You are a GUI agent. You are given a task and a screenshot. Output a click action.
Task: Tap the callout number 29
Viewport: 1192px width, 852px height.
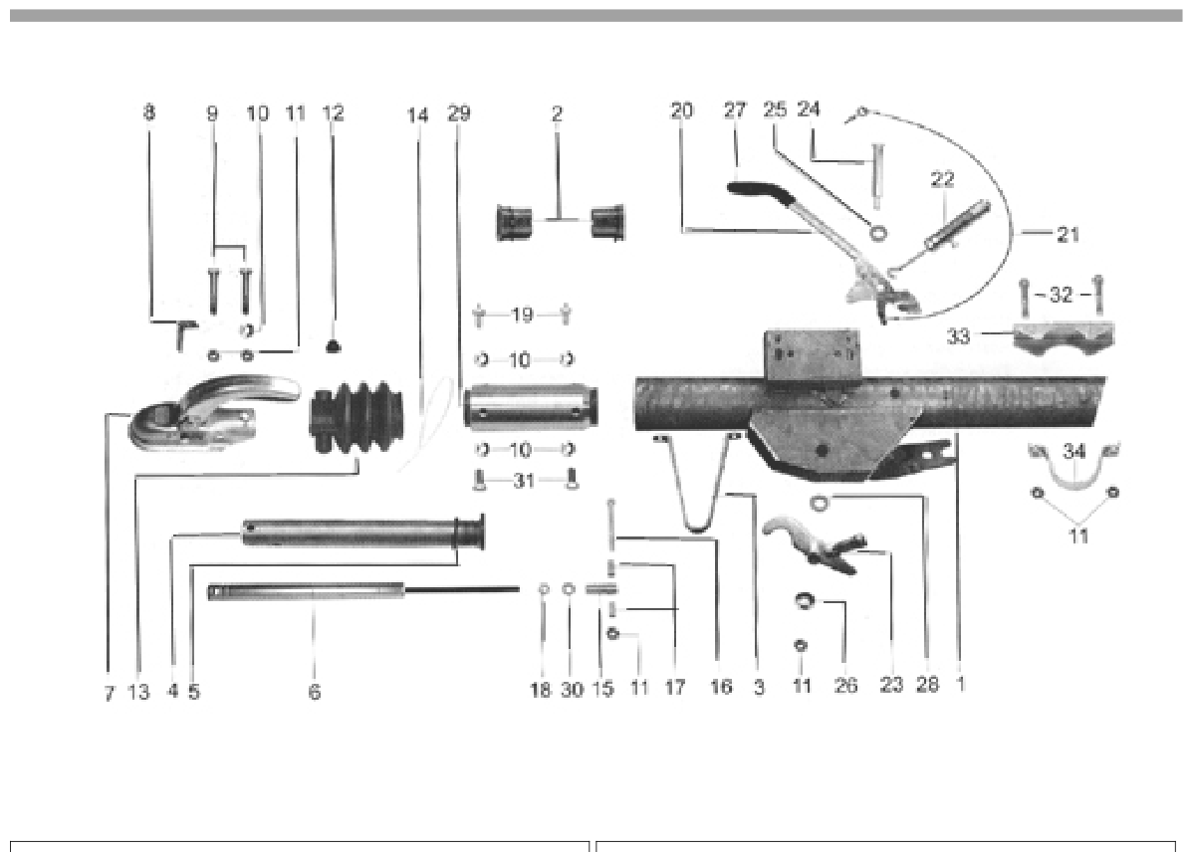point(458,113)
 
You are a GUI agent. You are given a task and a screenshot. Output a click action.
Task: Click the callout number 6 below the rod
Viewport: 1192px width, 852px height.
point(314,692)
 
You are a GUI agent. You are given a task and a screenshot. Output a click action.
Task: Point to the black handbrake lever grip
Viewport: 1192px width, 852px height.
point(759,190)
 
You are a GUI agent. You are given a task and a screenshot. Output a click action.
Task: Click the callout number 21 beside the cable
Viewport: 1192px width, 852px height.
point(1069,235)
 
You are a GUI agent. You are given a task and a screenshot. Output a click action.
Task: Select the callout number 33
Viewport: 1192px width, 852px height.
point(959,335)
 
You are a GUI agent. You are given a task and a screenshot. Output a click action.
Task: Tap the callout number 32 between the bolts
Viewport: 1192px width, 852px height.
point(1061,295)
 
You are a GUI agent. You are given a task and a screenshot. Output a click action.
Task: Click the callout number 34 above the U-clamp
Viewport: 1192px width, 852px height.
point(1073,452)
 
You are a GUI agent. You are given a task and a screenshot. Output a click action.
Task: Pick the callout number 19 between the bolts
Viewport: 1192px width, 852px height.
point(522,315)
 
